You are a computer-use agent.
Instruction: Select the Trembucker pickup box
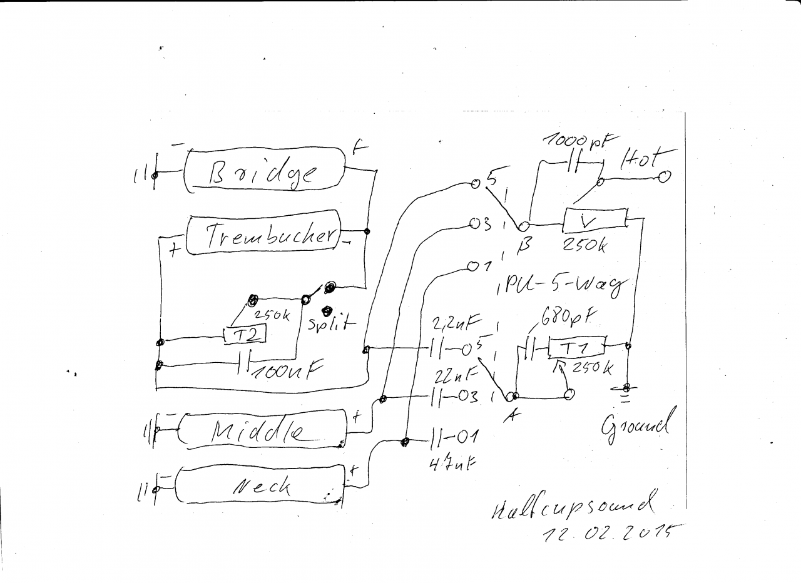tap(263, 235)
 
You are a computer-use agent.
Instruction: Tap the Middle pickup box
tap(262, 430)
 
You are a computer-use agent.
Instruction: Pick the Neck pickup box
tap(260, 484)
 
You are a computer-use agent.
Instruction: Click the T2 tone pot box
tap(245, 335)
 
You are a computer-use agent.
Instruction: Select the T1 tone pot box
tap(577, 348)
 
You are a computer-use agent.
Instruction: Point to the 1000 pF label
tap(579, 139)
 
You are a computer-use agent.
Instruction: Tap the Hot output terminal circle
tap(664, 177)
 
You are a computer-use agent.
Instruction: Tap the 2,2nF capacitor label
tap(456, 323)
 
